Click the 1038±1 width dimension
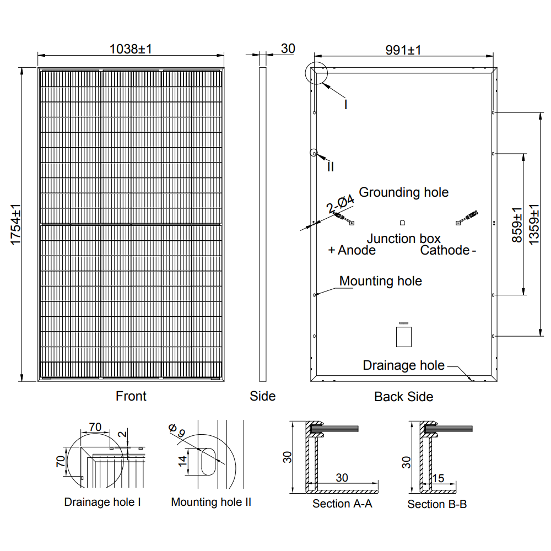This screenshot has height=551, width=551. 131,49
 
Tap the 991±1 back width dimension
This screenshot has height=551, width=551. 403,50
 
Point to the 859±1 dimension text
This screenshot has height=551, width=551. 516,225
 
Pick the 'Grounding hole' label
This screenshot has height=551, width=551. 403,192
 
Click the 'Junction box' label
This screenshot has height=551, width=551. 403,239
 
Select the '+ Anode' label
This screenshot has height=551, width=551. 352,251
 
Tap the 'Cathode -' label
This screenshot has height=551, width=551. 448,251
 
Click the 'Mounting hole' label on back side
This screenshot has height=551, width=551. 380,281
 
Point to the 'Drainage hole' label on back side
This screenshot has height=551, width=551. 403,365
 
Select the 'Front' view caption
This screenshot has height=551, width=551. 131,396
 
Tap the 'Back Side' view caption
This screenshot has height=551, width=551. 403,397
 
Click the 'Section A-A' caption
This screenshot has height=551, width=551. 342,504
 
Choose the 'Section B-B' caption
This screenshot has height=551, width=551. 437,504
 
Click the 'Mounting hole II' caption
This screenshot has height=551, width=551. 211,502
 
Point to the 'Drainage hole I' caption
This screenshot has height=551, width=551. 102,502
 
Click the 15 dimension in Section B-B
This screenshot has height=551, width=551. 439,478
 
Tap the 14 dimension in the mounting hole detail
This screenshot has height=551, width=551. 182,461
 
